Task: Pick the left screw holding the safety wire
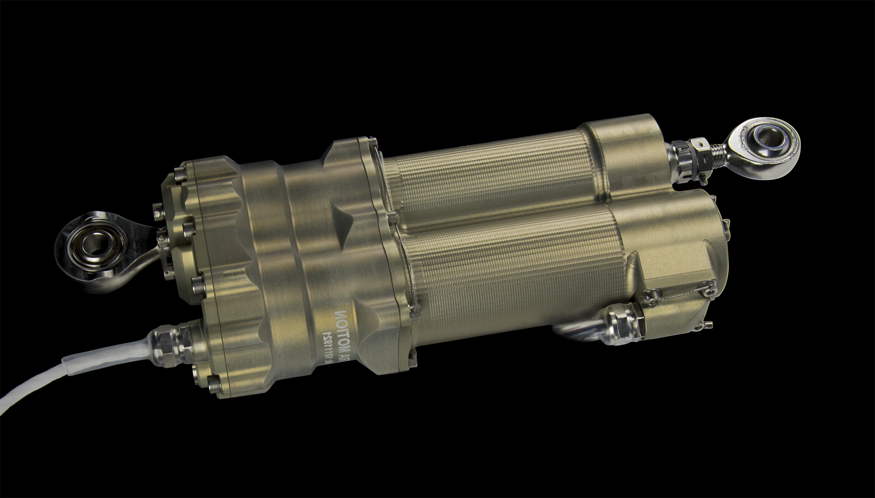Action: point(650,297)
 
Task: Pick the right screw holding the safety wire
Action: point(706,286)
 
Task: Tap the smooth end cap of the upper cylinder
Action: point(628,149)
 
